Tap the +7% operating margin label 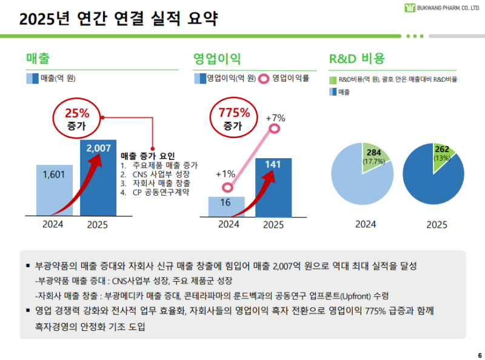click(x=275, y=117)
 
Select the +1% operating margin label click(x=226, y=174)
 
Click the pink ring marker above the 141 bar click(x=275, y=128)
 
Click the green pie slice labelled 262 click(x=444, y=154)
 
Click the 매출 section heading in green click(x=38, y=59)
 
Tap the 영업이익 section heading click(x=217, y=59)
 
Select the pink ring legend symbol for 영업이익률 click(x=264, y=78)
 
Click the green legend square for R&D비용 click(x=333, y=79)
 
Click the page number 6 click(x=480, y=355)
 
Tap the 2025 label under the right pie click(x=436, y=224)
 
